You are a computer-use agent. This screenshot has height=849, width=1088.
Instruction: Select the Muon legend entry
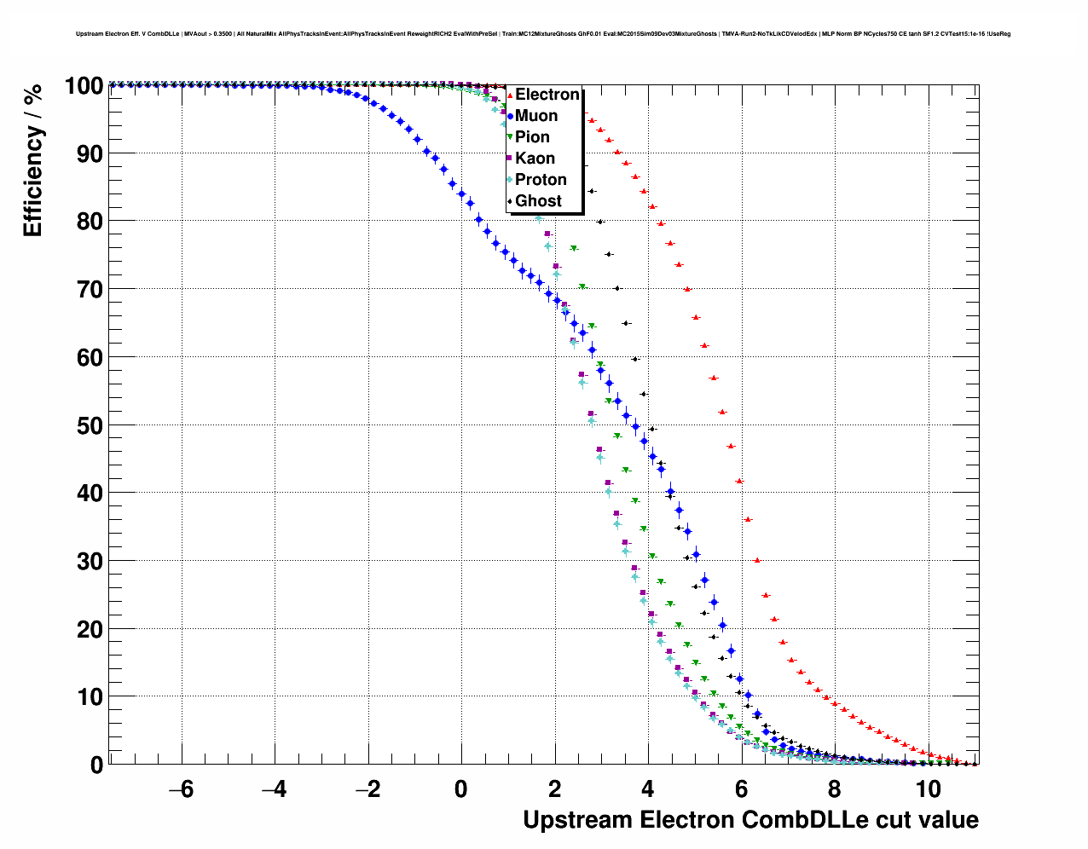[x=536, y=116]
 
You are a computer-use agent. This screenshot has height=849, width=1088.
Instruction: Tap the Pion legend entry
[x=532, y=137]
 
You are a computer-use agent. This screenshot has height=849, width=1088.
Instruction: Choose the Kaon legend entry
[x=535, y=159]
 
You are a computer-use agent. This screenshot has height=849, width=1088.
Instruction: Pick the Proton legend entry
[x=541, y=180]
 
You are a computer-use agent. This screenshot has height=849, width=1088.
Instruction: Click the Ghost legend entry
[x=538, y=201]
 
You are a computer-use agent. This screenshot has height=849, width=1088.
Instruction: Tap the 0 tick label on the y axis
[x=96, y=765]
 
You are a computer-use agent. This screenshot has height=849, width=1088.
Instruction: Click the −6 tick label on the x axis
[x=181, y=789]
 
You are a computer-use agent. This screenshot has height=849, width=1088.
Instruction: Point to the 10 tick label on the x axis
[x=928, y=789]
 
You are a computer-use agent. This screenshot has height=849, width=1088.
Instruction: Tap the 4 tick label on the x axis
[x=648, y=789]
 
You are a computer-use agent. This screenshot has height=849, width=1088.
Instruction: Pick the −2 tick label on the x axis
[x=367, y=789]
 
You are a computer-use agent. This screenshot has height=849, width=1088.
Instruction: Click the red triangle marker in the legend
[x=510, y=95]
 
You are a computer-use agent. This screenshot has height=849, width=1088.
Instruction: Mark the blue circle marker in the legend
[x=510, y=116]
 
